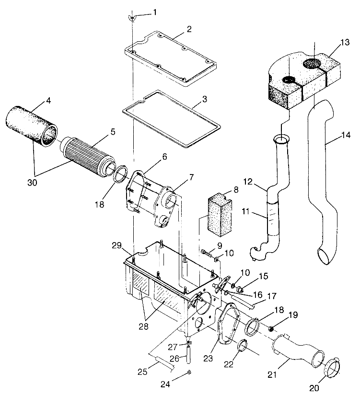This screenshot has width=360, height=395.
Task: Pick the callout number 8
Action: click(x=235, y=190)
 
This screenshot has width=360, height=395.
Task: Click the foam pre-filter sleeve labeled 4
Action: click(x=30, y=125)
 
